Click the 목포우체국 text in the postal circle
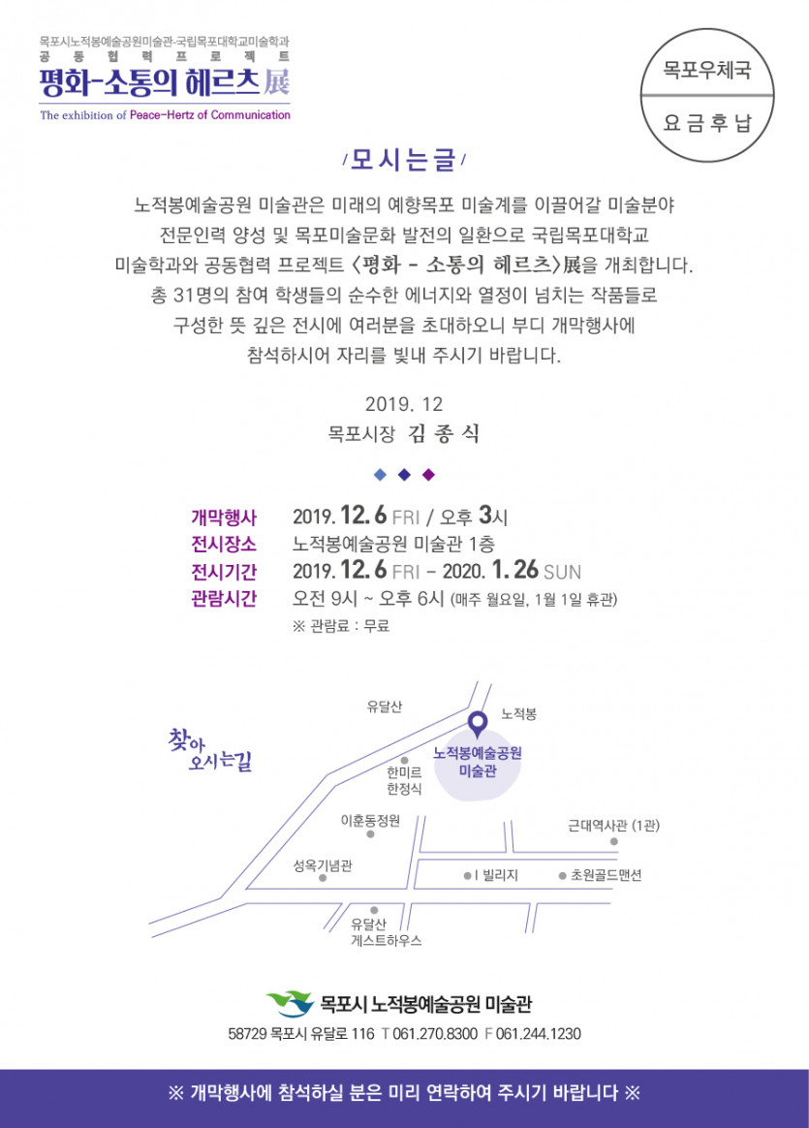pos(706,71)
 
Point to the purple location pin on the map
pos(477,723)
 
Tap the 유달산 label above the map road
pos(384,706)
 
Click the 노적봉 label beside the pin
pos(518,714)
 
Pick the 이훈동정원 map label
pos(370,821)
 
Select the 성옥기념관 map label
pos(323,865)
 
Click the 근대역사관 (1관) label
pos(613,826)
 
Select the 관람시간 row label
pos(224,597)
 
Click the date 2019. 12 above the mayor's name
pos(404,403)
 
